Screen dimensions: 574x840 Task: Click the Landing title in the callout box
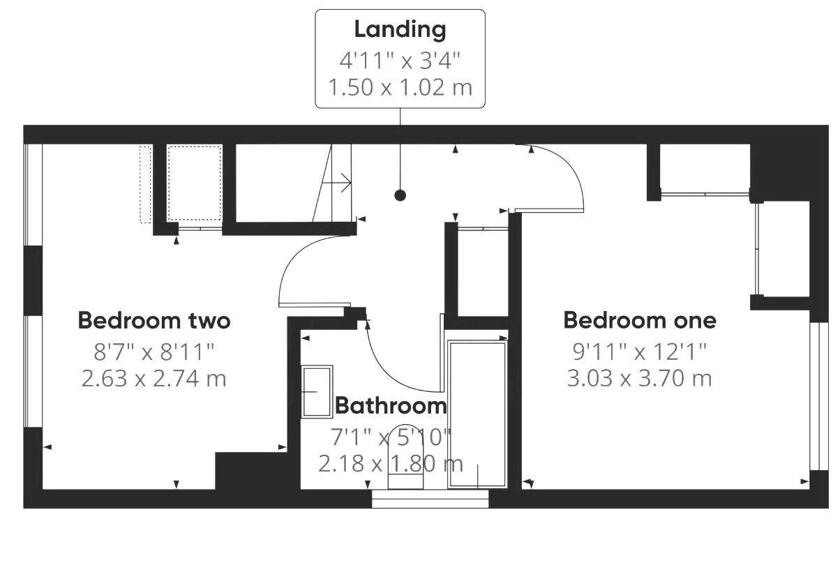click(400, 30)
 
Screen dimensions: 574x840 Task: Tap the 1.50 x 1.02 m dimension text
click(400, 87)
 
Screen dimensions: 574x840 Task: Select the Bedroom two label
click(154, 321)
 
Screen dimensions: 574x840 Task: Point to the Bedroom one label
click(640, 320)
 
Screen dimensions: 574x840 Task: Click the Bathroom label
click(391, 405)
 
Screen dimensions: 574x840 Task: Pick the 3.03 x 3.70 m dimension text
click(640, 379)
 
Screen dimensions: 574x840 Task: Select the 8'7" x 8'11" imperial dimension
click(154, 351)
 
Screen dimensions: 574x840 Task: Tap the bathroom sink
click(316, 391)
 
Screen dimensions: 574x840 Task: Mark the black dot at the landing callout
click(400, 195)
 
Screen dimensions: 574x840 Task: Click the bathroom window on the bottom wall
click(430, 498)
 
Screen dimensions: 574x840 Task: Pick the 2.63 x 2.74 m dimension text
click(154, 379)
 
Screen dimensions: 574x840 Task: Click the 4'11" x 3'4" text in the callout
click(400, 60)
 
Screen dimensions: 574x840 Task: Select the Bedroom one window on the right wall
click(814, 398)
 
